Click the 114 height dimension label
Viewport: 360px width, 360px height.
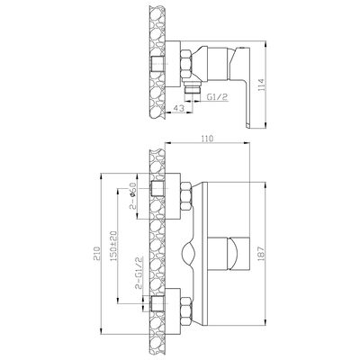click(261, 85)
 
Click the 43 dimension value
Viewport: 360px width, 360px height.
click(179, 108)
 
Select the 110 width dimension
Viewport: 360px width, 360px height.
click(207, 139)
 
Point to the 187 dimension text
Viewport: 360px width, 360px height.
click(261, 253)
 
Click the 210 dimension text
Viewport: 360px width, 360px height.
click(96, 254)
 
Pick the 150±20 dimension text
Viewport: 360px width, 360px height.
click(113, 246)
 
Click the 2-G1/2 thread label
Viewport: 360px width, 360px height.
click(139, 273)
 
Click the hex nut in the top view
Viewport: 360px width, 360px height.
click(186, 65)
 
